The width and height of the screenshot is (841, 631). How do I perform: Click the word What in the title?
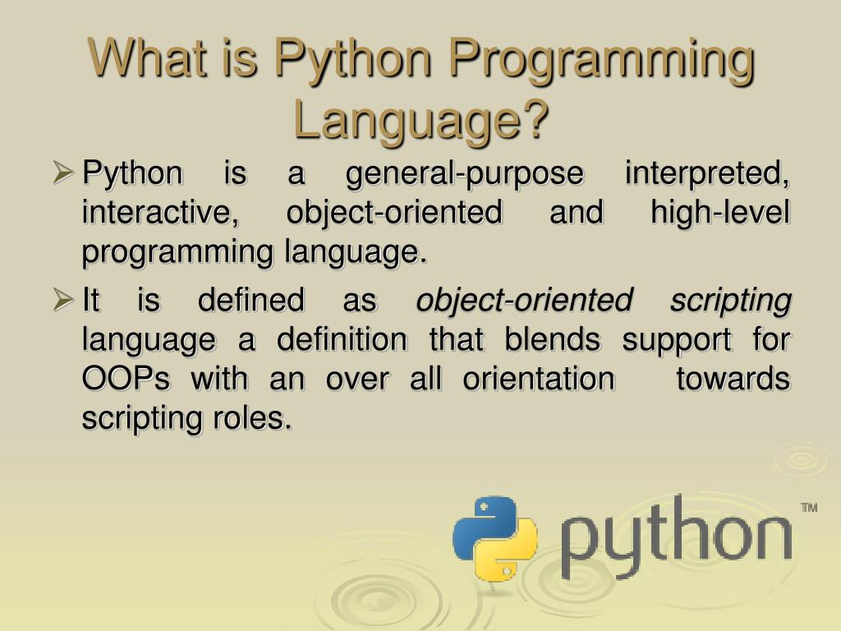point(148,58)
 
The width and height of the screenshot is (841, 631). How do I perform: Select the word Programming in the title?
point(602,62)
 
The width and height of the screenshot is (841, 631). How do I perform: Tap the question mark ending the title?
point(534,119)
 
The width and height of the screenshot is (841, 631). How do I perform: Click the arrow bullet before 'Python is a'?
point(63,173)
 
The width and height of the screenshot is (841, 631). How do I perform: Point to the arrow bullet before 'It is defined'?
point(63,300)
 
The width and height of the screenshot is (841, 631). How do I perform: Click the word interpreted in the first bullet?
point(706,175)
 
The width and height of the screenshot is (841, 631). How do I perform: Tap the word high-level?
point(720,213)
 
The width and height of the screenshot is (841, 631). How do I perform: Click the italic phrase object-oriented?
point(524,301)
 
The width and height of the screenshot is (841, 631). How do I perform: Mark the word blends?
point(552,339)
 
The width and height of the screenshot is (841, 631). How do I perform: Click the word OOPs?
point(126,380)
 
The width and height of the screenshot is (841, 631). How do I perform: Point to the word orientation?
point(539,380)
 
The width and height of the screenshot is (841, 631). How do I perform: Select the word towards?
point(733,380)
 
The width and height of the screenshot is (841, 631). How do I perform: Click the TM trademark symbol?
point(809,508)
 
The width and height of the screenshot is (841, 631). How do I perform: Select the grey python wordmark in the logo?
point(677,537)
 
